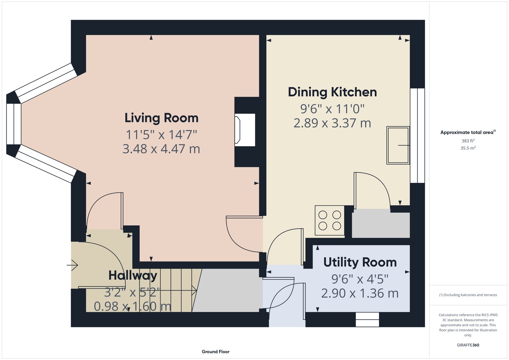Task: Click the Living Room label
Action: click(x=161, y=118)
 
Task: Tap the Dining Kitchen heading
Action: click(x=332, y=92)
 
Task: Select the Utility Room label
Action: click(x=360, y=262)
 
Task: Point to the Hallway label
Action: click(x=133, y=275)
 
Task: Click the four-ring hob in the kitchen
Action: click(x=330, y=220)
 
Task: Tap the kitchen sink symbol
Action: click(x=398, y=145)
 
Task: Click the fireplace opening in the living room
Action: click(x=245, y=130)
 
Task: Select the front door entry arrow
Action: click(x=72, y=265)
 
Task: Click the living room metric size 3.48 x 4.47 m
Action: click(x=161, y=149)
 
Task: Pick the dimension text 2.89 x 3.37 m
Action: click(x=332, y=123)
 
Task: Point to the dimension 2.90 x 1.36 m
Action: click(x=360, y=293)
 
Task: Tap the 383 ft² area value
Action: click(x=468, y=141)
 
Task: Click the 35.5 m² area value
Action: click(x=468, y=148)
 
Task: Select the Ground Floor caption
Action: click(x=216, y=352)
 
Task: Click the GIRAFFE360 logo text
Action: click(x=468, y=345)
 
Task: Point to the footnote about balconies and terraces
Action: click(x=468, y=295)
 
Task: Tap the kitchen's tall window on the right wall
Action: click(x=418, y=136)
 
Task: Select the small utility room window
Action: click(x=367, y=320)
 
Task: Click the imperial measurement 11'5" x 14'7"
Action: click(x=161, y=135)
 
